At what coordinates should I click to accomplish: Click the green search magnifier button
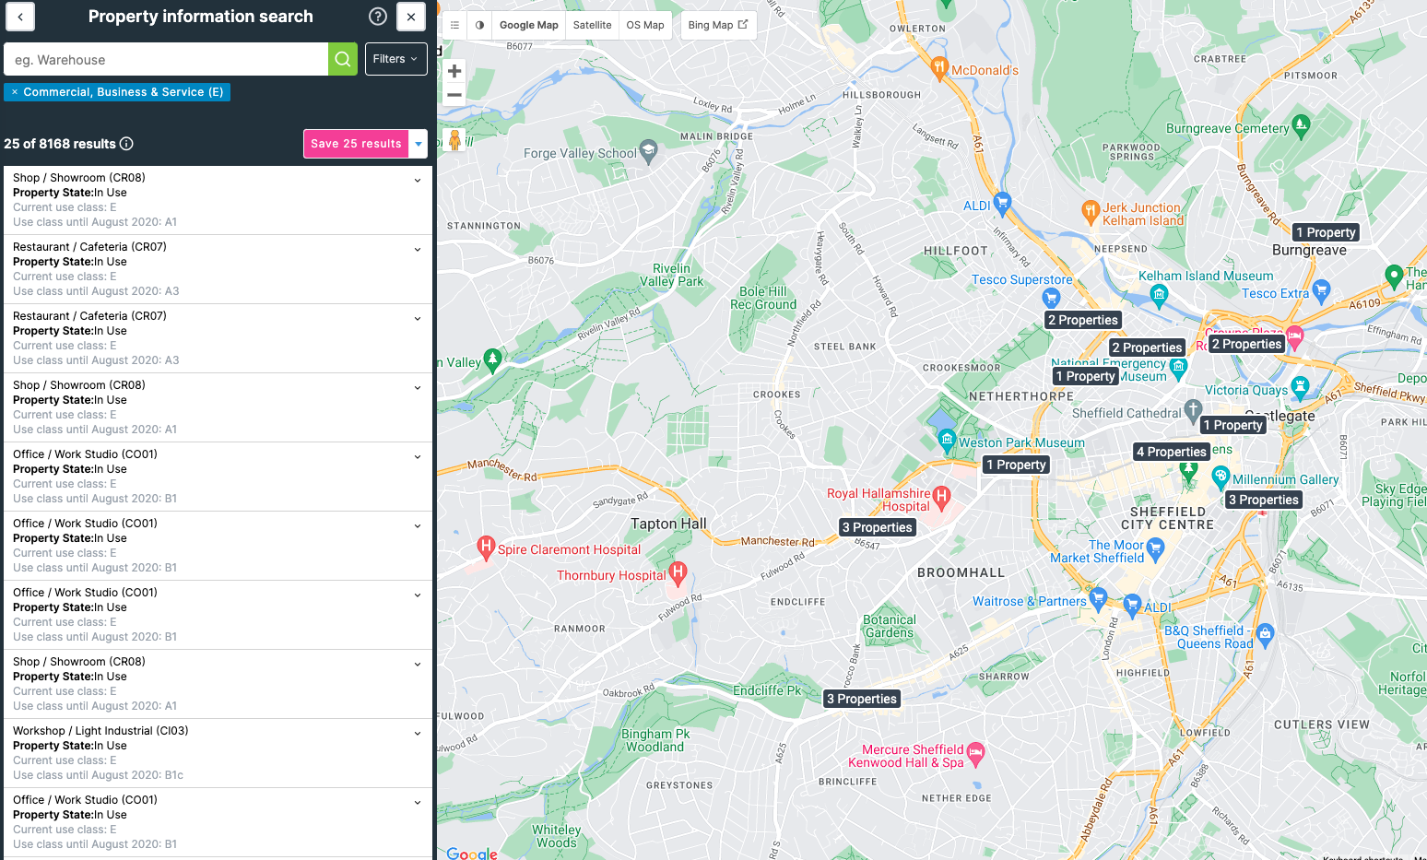point(342,59)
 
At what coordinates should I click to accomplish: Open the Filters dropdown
point(395,59)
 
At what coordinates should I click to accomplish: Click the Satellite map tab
point(592,25)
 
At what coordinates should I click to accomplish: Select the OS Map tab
point(644,25)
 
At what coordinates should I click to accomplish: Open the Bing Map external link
point(717,25)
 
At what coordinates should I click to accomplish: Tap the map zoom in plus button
point(454,71)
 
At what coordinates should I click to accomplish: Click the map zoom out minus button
point(454,95)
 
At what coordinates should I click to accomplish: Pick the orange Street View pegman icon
point(454,140)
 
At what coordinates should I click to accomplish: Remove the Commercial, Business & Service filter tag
point(15,92)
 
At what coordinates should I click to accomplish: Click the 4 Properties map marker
point(1171,452)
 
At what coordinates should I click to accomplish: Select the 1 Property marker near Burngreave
point(1326,232)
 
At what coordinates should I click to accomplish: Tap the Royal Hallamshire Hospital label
point(879,500)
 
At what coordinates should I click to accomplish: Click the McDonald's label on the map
point(985,70)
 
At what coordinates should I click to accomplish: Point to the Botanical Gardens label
point(890,626)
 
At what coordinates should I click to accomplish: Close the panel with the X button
point(411,17)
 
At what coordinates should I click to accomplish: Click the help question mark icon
point(378,17)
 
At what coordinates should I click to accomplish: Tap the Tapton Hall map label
point(668,524)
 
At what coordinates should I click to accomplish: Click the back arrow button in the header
point(20,17)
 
